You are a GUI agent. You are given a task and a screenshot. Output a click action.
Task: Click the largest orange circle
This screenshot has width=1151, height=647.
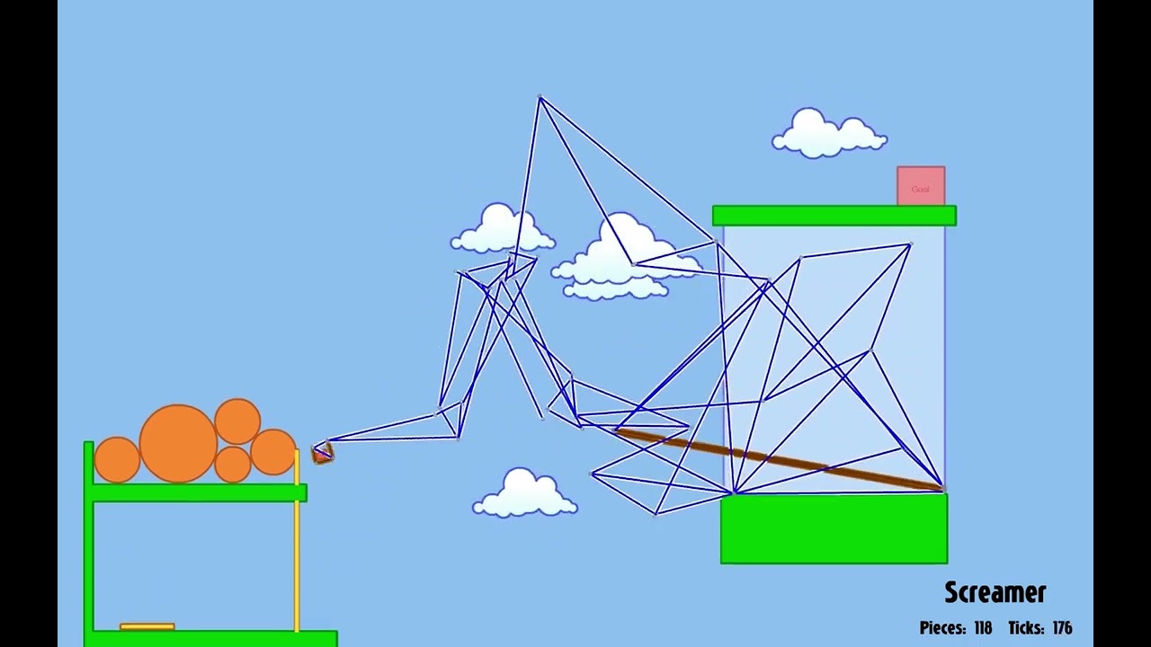[178, 443]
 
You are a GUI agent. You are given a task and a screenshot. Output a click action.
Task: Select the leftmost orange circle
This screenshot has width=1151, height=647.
[117, 458]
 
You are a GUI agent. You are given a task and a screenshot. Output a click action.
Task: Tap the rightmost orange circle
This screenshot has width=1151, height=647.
[273, 452]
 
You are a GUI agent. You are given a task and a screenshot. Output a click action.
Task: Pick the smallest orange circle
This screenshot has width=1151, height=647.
[233, 465]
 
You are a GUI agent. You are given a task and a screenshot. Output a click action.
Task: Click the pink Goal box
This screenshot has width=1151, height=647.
[920, 186]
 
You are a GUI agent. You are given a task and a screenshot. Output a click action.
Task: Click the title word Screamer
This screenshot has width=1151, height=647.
[995, 592]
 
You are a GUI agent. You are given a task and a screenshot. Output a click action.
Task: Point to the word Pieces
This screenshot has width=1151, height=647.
[943, 628]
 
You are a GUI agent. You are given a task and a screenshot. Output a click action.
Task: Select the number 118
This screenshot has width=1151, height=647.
[982, 628]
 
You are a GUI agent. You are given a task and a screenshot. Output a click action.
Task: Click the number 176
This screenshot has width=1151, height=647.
[1062, 628]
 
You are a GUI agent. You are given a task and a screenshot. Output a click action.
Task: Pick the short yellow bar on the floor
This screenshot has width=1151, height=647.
[147, 626]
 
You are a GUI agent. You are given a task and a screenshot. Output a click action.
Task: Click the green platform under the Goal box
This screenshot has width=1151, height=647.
[834, 216]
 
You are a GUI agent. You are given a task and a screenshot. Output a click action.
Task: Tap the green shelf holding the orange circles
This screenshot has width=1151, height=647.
[198, 492]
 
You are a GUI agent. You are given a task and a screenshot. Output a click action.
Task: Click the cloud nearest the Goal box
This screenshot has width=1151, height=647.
[828, 135]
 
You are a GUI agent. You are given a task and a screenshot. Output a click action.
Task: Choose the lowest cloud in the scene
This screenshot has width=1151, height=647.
[524, 494]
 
